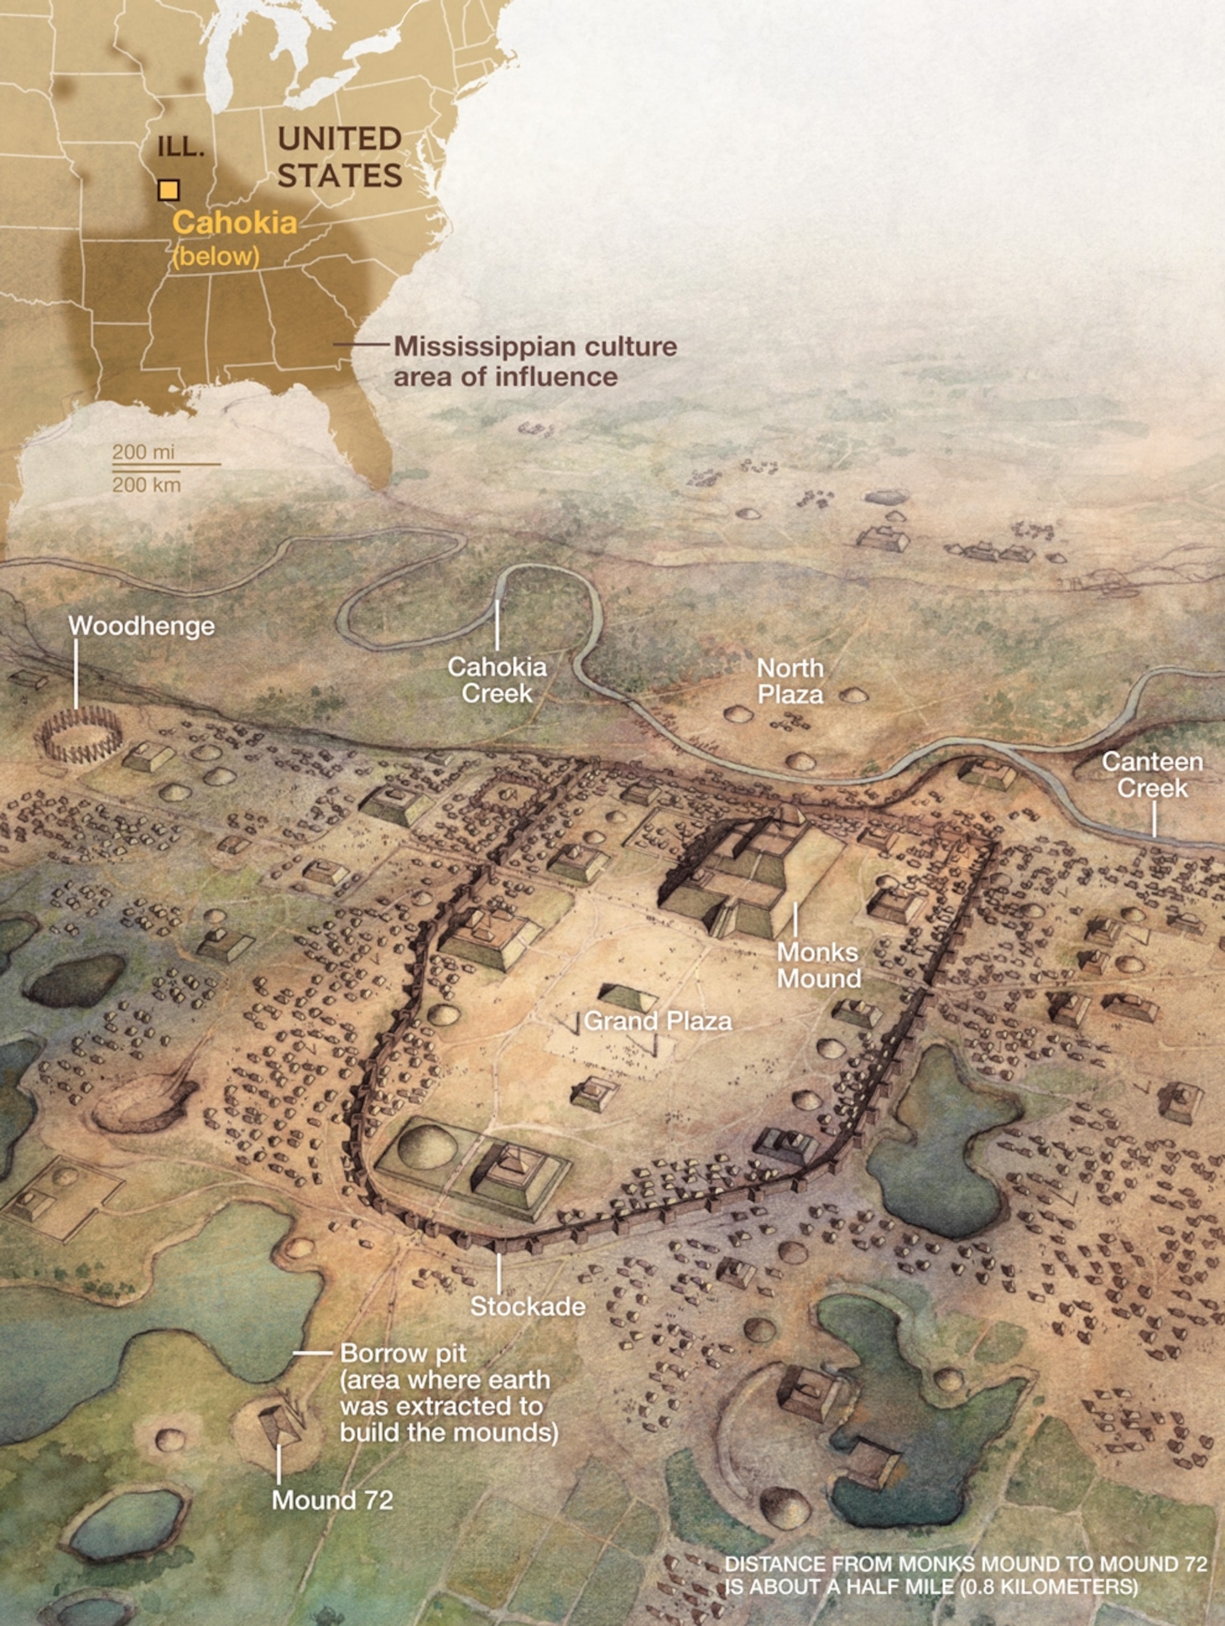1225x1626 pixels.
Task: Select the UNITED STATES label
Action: [340, 157]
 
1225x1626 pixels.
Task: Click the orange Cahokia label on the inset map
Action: [234, 223]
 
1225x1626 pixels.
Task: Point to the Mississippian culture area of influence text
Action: [535, 361]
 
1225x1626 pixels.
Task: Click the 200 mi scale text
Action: [143, 452]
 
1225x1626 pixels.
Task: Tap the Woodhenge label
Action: [142, 626]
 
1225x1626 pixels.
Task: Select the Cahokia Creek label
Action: [497, 680]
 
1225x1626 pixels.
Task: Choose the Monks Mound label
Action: [819, 965]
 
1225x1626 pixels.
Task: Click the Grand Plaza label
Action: [658, 1021]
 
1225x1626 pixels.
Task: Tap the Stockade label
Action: [528, 1306]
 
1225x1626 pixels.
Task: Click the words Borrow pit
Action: [403, 1353]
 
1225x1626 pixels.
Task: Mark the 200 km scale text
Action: [146, 484]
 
